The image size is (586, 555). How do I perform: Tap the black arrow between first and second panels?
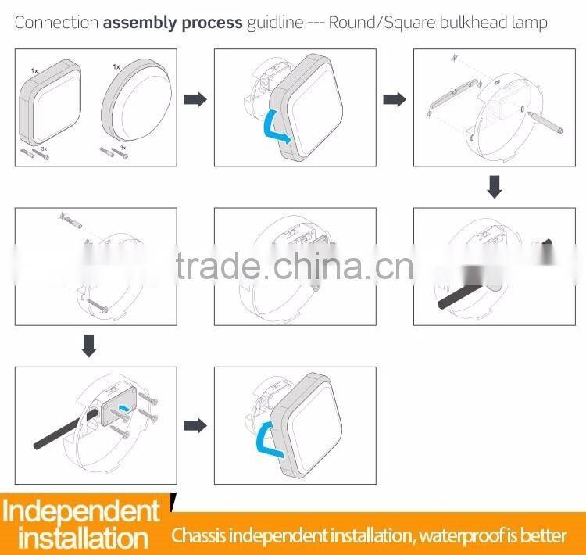point(195,99)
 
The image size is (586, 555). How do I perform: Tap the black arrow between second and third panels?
point(394,99)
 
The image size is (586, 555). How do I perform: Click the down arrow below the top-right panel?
point(494,186)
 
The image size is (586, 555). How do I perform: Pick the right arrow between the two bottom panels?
point(195,425)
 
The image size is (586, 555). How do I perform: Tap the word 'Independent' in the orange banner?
point(80,511)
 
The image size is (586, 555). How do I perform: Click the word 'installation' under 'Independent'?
point(83,539)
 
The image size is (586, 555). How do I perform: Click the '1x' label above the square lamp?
point(34,70)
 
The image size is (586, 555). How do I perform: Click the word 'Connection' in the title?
point(56,23)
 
